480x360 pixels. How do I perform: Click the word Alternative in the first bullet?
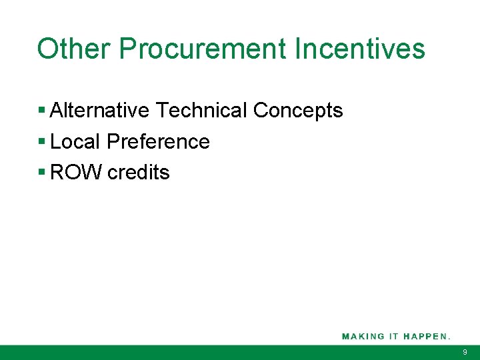(99, 110)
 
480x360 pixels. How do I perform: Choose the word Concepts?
(298, 110)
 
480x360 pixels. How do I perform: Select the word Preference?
(158, 141)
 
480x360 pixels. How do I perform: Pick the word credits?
(139, 172)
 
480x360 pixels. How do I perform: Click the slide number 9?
(465, 352)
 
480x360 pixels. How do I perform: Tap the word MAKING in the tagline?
(363, 336)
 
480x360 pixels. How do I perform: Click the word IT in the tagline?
(393, 336)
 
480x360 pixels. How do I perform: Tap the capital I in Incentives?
(297, 49)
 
